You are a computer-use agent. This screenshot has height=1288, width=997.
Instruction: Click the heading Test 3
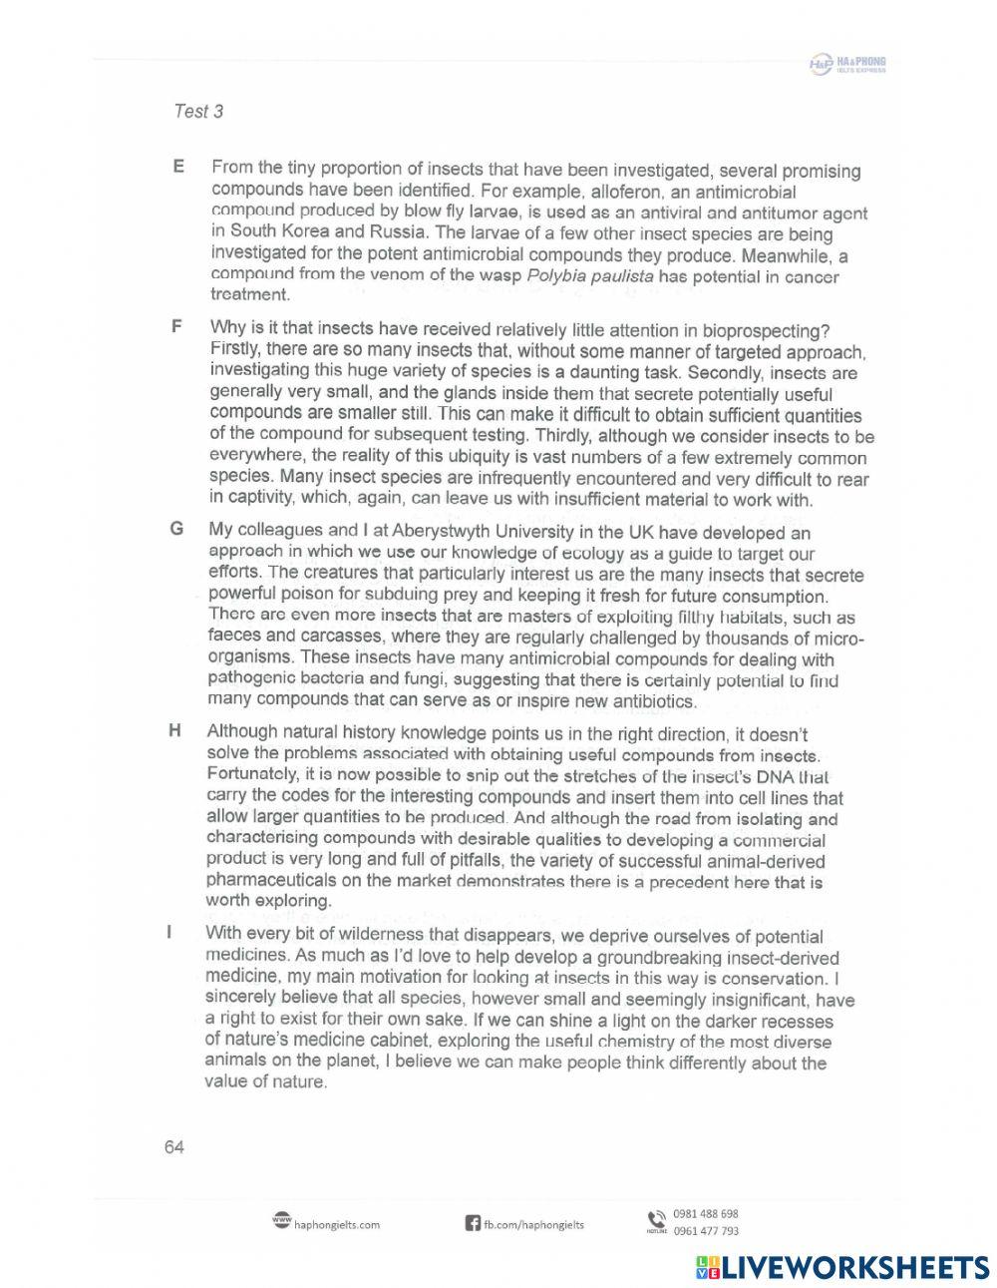(x=197, y=112)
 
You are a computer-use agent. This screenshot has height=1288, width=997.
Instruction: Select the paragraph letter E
(x=178, y=167)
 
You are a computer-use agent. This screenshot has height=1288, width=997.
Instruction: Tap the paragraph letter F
(x=177, y=327)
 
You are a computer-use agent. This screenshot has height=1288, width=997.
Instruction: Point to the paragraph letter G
(x=176, y=529)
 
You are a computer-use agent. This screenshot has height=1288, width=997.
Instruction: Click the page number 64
(x=173, y=1147)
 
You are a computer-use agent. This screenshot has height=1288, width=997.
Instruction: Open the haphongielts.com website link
(x=336, y=1225)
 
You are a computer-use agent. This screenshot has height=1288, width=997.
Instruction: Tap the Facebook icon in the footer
(x=474, y=1223)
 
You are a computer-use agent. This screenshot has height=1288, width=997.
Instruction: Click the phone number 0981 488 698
(x=706, y=1214)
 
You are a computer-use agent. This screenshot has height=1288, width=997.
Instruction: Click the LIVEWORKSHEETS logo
(x=842, y=1267)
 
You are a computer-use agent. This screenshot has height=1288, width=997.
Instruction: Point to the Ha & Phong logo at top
(x=847, y=65)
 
